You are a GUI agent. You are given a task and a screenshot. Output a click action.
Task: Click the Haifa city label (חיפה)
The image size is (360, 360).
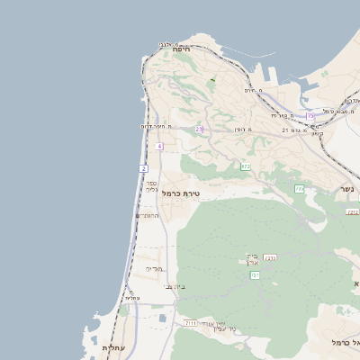tap(182, 50)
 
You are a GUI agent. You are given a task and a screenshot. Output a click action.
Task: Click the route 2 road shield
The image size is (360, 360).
tap(144, 168)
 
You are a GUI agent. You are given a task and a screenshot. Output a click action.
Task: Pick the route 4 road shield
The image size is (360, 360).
tap(159, 146)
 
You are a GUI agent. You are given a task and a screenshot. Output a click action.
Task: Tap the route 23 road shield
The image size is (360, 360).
tap(199, 130)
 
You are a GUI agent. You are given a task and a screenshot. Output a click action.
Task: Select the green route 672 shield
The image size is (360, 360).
tap(246, 166)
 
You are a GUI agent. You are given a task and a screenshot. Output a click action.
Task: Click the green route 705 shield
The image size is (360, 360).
tap(299, 188)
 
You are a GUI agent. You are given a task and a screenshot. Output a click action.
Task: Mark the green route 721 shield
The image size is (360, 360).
tap(256, 275)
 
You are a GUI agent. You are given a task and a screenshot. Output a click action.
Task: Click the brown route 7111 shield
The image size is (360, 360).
tap(190, 322)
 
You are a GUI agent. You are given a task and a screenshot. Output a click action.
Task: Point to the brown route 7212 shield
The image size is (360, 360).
tap(353, 211)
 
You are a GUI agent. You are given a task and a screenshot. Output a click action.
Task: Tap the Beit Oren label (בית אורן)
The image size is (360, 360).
tap(253, 259)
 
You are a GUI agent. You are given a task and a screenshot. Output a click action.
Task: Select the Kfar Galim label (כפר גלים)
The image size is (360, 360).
tap(151, 186)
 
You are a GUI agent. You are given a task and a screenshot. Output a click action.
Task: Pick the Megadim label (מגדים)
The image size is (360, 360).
tap(154, 268)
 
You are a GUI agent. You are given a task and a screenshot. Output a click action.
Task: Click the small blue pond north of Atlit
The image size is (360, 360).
tap(159, 318)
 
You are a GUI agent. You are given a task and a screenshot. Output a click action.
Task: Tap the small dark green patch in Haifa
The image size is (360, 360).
tap(212, 80)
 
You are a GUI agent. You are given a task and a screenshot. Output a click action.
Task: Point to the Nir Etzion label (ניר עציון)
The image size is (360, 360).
tap(221, 327)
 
